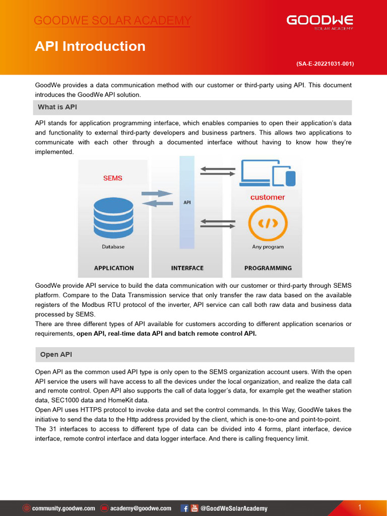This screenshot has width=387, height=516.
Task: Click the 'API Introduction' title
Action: pos(90,46)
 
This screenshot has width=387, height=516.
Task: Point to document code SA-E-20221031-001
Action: pos(325,64)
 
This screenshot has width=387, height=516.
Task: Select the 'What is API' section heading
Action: pos(57,107)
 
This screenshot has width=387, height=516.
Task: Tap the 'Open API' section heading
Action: pos(56,354)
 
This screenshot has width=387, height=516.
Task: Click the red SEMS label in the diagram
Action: pos(112,178)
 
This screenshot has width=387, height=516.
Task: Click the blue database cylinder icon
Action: pos(114,218)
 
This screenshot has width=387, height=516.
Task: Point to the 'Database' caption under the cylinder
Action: pos(113,247)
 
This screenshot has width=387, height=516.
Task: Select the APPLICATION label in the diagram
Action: pos(114,268)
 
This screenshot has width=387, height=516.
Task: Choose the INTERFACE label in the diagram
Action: pos(187,268)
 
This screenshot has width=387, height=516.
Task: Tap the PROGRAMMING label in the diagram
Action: pos(268,268)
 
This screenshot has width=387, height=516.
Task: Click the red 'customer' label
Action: pos(268,198)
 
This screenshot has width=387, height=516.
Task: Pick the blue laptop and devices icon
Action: pos(268,173)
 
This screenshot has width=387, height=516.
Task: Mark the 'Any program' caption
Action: pos(268,247)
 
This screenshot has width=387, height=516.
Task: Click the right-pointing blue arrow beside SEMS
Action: pos(157,193)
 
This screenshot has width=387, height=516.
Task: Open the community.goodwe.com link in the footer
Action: pos(63,508)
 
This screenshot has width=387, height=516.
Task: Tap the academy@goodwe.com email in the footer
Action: pos(140,508)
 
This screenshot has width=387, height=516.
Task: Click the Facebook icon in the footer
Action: pos(185,508)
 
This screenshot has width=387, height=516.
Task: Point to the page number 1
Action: pos(360,507)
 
